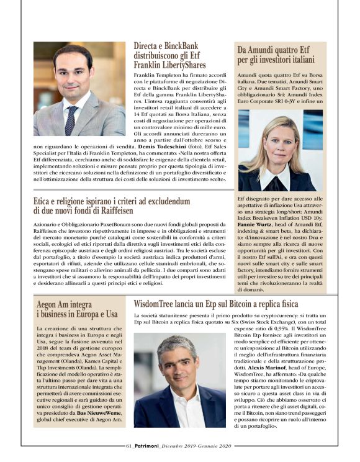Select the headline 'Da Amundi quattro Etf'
[277, 55]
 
